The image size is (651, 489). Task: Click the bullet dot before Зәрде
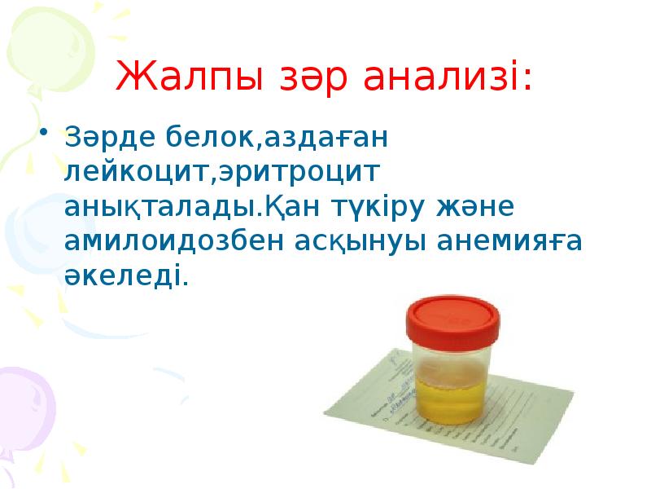click(x=45, y=134)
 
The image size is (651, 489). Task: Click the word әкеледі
click(x=125, y=277)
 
